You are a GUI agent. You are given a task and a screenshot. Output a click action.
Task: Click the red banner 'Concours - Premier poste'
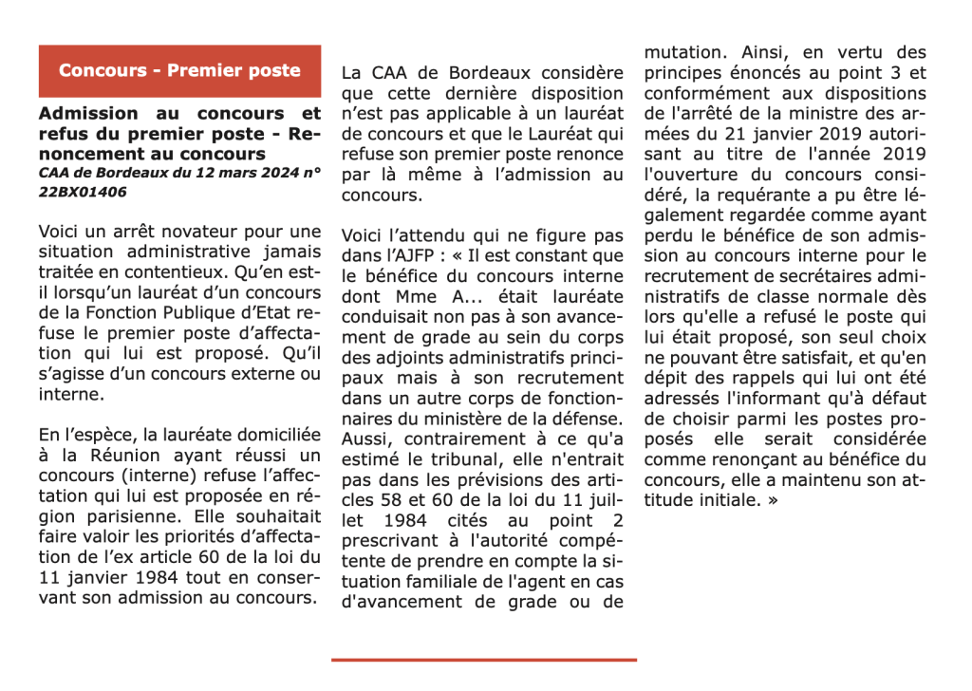[x=179, y=71]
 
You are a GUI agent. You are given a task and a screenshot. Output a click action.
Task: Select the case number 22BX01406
[x=83, y=192]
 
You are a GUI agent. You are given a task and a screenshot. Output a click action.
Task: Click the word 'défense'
[x=588, y=417]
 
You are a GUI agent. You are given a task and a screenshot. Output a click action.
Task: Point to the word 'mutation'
[x=683, y=52]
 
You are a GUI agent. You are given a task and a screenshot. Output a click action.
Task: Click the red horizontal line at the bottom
[x=484, y=660]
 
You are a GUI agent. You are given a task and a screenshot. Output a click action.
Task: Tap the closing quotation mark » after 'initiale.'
[x=772, y=500]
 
